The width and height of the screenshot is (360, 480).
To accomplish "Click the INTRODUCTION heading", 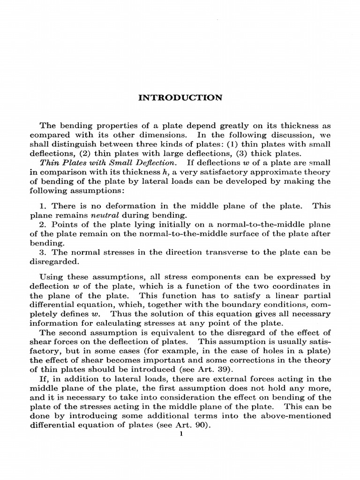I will (x=180, y=98).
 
